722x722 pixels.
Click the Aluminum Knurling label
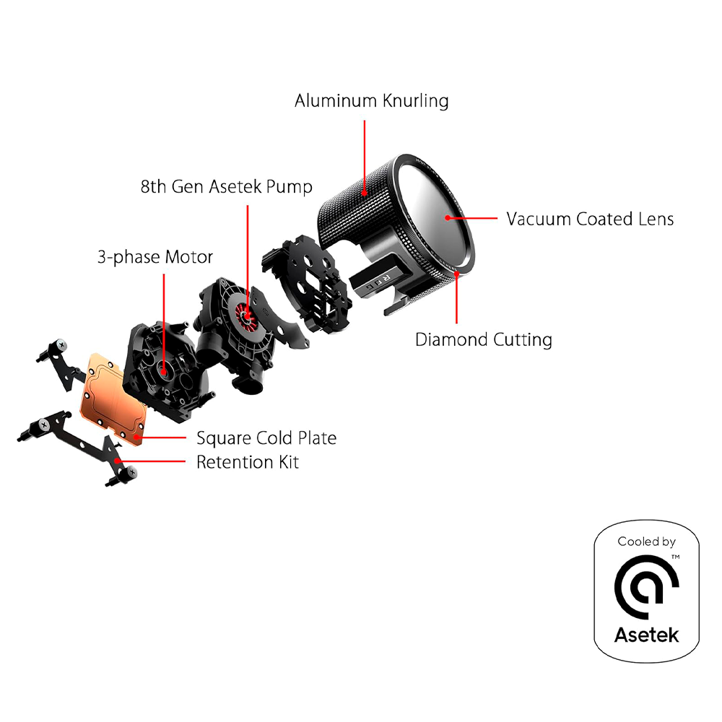pyautogui.click(x=371, y=100)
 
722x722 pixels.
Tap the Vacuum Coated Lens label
pyautogui.click(x=589, y=219)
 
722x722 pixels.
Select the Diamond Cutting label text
pyautogui.click(x=483, y=339)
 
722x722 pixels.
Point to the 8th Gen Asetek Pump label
pyautogui.click(x=226, y=187)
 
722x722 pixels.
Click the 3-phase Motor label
pyautogui.click(x=155, y=256)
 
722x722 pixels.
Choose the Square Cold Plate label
pyautogui.click(x=266, y=438)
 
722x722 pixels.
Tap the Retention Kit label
pyautogui.click(x=247, y=462)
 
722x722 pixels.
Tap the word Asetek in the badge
pyautogui.click(x=646, y=635)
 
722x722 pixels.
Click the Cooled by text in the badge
pyautogui.click(x=646, y=541)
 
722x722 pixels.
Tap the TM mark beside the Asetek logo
pyautogui.click(x=675, y=557)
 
